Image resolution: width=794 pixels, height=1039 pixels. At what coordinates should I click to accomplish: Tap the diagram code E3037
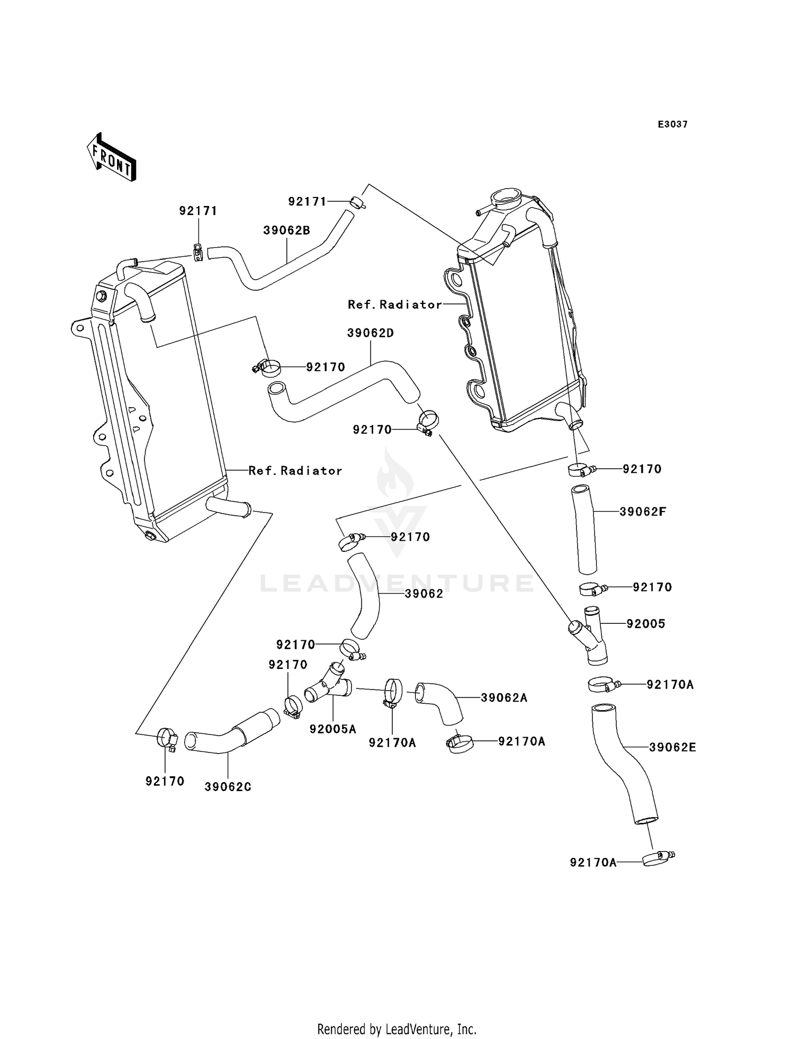pyautogui.click(x=672, y=124)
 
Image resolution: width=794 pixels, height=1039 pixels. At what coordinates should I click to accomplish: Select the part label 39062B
pyautogui.click(x=286, y=231)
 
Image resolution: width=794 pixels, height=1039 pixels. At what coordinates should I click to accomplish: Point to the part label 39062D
pyautogui.click(x=371, y=333)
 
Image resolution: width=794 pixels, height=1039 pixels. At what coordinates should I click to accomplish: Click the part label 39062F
pyautogui.click(x=643, y=512)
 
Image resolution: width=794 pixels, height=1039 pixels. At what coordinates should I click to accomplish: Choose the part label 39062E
pyautogui.click(x=672, y=747)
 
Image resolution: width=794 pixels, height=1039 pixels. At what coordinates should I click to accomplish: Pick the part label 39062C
pyautogui.click(x=228, y=787)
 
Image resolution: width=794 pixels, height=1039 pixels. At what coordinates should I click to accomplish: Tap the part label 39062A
pyautogui.click(x=504, y=698)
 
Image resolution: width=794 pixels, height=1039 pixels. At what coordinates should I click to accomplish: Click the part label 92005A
pyautogui.click(x=333, y=729)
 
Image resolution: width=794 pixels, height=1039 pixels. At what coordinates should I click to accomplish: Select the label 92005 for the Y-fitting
pyautogui.click(x=646, y=624)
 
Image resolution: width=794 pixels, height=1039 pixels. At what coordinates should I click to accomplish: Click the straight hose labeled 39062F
pyautogui.click(x=584, y=530)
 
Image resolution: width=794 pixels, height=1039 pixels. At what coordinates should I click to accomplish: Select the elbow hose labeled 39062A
pyautogui.click(x=439, y=702)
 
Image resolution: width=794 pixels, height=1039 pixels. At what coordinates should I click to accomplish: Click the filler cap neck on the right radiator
pyautogui.click(x=506, y=200)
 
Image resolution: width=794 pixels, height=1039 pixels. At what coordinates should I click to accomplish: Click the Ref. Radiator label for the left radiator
pyautogui.click(x=295, y=471)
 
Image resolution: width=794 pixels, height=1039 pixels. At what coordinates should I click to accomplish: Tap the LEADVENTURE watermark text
pyautogui.click(x=397, y=584)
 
